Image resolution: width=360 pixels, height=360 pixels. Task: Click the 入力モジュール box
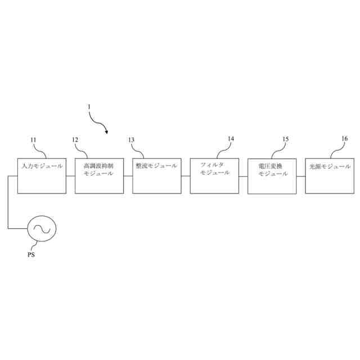(42, 176)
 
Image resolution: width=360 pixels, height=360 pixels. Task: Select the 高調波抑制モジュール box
(99, 176)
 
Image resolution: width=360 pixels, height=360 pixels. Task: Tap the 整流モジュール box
(156, 176)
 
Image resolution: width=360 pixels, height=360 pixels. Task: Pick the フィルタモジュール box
(214, 176)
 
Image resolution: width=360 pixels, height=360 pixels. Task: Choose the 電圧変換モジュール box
(272, 176)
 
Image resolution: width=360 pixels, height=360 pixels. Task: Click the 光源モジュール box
(330, 176)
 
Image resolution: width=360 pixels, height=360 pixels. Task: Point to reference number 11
(33, 139)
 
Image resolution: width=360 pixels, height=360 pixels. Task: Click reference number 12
(75, 139)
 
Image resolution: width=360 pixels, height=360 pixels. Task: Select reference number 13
(132, 139)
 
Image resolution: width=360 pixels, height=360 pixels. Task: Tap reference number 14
(231, 138)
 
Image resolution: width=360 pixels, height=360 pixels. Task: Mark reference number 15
(286, 138)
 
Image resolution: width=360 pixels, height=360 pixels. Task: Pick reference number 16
(344, 138)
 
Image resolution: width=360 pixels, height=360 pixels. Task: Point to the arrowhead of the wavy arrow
(106, 132)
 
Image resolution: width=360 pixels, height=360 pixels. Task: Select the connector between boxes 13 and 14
(186, 176)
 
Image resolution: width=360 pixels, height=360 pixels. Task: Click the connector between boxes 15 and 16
(301, 176)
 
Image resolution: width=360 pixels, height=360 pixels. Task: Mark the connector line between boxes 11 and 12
(70, 176)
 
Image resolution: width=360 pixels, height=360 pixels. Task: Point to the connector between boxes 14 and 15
(243, 176)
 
